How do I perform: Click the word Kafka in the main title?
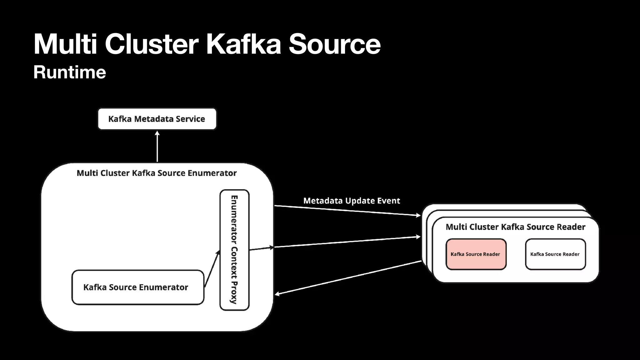tap(243, 44)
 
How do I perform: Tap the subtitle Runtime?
tap(70, 72)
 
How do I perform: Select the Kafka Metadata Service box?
tap(157, 119)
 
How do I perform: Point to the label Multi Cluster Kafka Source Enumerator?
tap(157, 173)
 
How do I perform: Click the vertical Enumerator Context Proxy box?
tap(234, 250)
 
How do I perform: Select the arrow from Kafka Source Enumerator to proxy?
tap(212, 268)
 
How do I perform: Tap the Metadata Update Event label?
tap(352, 201)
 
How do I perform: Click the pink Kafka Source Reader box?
tap(476, 254)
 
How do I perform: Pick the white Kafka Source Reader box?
tap(555, 254)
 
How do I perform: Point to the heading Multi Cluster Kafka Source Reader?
tap(515, 227)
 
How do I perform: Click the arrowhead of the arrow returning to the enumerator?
tap(277, 294)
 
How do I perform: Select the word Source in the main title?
tap(334, 44)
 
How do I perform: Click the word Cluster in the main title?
tap(152, 44)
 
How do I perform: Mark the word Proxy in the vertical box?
tap(234, 292)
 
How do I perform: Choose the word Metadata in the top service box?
tap(154, 119)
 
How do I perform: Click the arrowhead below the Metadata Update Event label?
tap(418, 215)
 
